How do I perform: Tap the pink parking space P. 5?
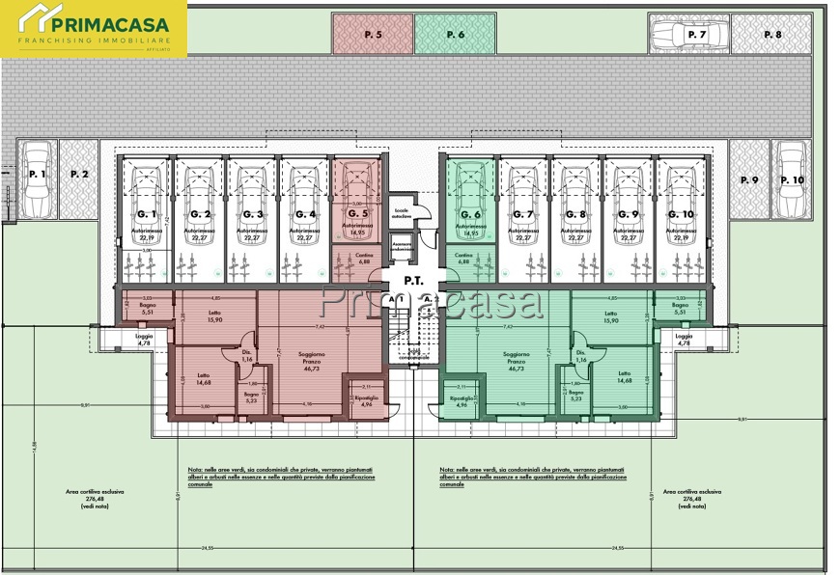click(x=373, y=34)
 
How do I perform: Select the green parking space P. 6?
click(x=455, y=34)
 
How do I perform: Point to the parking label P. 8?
click(x=771, y=35)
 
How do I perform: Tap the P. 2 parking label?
click(x=79, y=175)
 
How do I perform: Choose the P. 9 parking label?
click(x=749, y=180)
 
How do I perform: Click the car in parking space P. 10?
click(x=791, y=179)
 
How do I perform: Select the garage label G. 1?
click(x=147, y=214)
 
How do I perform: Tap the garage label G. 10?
click(x=682, y=214)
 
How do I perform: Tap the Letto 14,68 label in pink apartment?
click(x=204, y=378)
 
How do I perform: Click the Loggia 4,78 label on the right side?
click(x=684, y=340)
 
